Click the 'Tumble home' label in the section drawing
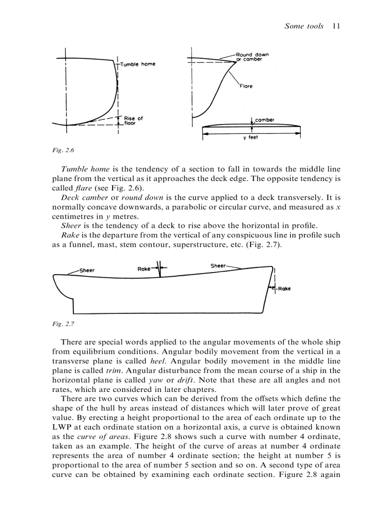point(138,64)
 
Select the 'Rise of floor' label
point(134,121)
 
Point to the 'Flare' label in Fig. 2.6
point(246,86)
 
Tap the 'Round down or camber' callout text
point(252,57)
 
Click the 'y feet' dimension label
point(251,138)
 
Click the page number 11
point(336,26)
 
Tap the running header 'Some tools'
point(304,26)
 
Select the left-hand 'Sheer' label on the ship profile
point(87,270)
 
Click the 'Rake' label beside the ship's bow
point(284,289)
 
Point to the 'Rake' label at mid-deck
point(144,269)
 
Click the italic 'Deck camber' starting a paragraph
point(81,198)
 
